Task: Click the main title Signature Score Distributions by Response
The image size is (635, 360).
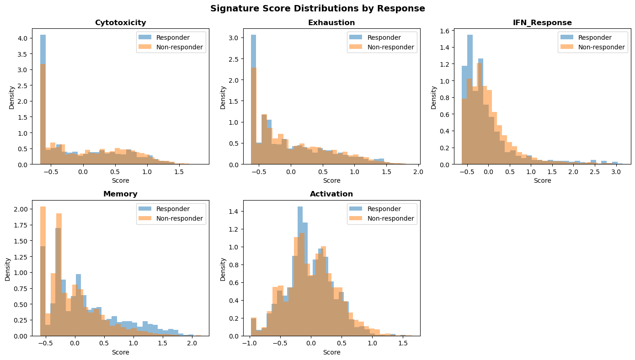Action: click(317, 8)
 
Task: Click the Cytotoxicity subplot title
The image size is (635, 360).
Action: click(120, 22)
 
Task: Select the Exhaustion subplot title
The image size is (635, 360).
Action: click(331, 22)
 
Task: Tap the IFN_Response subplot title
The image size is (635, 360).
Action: click(543, 22)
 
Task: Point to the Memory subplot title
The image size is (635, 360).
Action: click(120, 194)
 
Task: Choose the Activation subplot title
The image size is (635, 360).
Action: click(331, 194)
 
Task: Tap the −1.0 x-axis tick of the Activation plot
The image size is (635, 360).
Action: click(249, 344)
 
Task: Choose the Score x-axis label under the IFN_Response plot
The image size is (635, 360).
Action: click(543, 180)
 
